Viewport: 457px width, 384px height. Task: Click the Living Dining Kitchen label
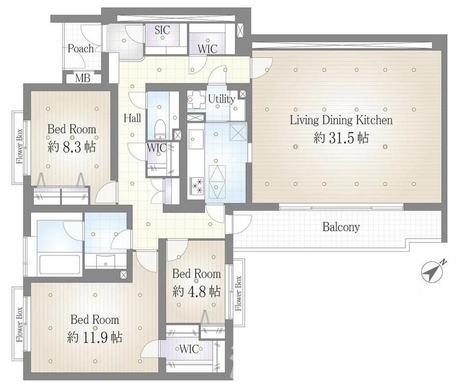(341, 121)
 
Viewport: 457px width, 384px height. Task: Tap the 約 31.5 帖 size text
(341, 138)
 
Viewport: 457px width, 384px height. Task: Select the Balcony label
(341, 227)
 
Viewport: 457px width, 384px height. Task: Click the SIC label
(162, 30)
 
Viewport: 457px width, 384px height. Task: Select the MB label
(83, 78)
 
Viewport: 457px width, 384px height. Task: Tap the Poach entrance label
(81, 49)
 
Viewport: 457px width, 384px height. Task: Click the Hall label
(132, 118)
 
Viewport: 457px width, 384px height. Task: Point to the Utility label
(221, 99)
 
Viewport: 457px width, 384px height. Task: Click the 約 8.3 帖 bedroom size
(71, 147)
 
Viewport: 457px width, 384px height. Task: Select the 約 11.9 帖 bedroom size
(95, 337)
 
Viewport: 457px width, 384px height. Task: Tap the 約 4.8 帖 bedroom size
(196, 291)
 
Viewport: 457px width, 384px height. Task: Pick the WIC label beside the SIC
(207, 49)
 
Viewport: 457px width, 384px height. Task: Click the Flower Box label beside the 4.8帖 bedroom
(238, 293)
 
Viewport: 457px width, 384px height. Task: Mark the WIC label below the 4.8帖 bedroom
(189, 349)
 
